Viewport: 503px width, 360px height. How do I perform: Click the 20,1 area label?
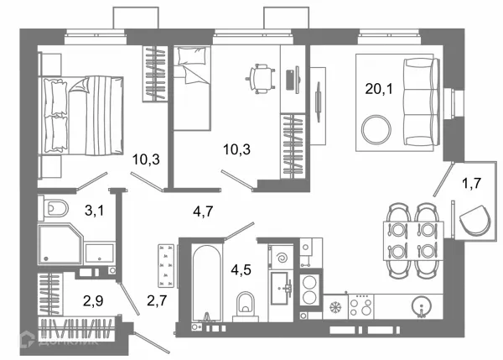379,88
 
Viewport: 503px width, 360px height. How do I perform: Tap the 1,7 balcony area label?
471,183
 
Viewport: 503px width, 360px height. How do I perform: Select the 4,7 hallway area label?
203,211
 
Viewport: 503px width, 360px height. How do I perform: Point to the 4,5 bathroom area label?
241,269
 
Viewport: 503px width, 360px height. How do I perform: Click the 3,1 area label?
94,211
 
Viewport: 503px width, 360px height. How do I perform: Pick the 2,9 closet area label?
93,301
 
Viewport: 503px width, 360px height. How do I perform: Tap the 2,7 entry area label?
157,300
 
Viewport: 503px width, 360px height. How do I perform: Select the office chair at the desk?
261,79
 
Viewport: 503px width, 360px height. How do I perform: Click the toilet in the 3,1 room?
54,209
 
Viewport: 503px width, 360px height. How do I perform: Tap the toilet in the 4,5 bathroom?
245,306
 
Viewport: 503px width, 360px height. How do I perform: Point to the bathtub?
207,283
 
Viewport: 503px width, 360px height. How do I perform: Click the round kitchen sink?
421,305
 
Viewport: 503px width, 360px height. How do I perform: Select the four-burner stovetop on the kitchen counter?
361,306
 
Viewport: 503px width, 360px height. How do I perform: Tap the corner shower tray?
60,244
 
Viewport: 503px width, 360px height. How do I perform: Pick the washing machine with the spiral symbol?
282,258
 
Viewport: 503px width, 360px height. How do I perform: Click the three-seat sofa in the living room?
421,102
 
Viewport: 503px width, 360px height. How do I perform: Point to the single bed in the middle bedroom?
192,88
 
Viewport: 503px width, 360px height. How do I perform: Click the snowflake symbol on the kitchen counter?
336,307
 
